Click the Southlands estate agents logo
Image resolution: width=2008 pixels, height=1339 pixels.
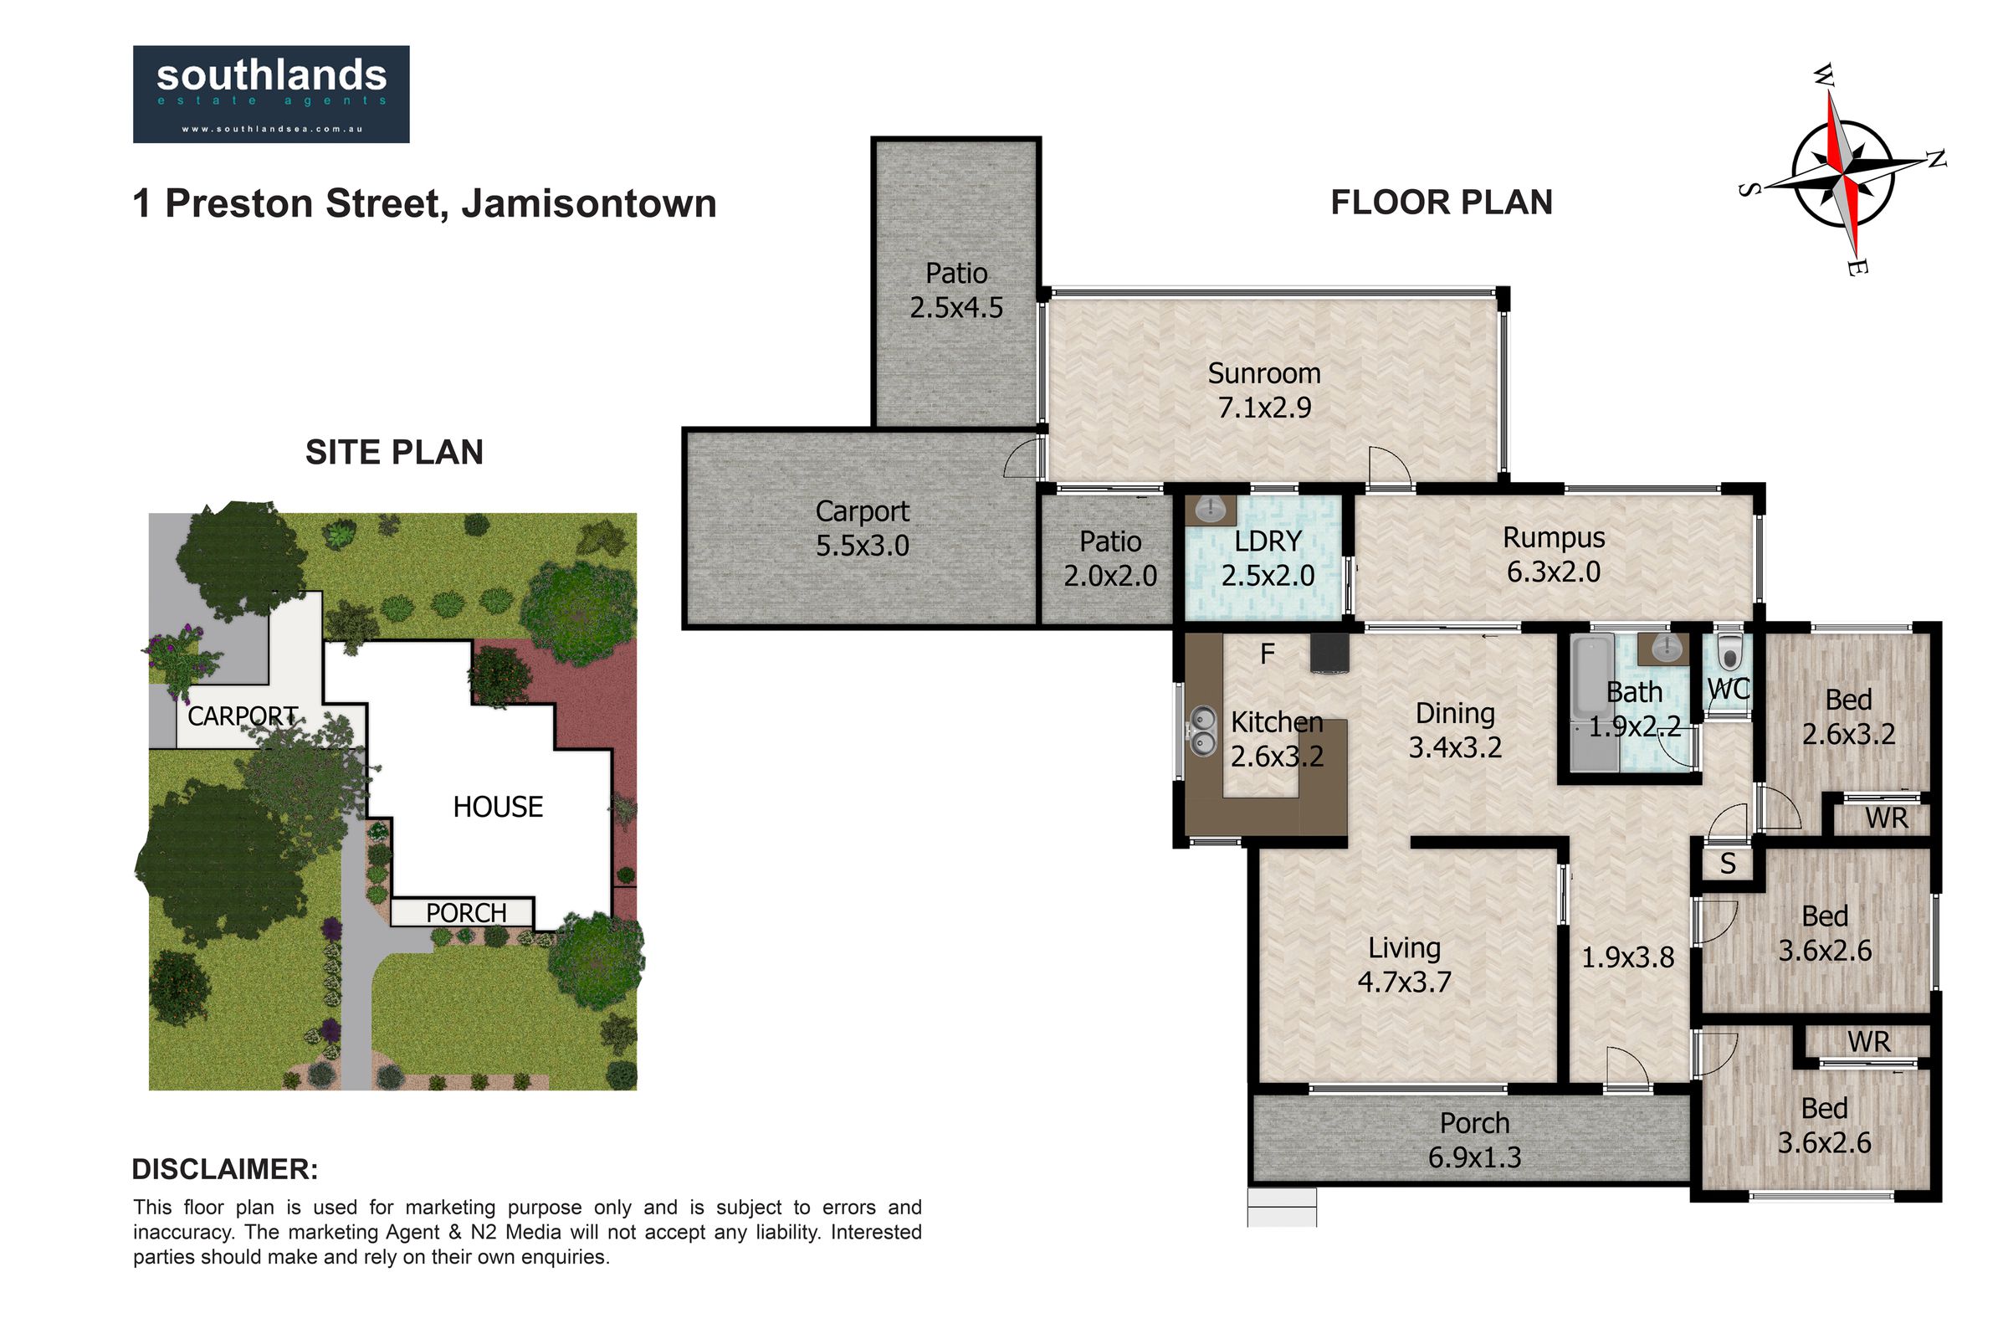271,94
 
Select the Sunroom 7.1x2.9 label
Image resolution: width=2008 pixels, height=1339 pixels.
1263,390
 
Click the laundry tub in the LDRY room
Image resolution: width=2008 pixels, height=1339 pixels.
1210,510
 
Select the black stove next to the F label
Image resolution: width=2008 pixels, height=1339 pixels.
1331,654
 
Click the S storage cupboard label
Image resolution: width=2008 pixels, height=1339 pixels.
1728,864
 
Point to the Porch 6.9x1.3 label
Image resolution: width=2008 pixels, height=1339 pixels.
1474,1140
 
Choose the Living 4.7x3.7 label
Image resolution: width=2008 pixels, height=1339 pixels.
1405,965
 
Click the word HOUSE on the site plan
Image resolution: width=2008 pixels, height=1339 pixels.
498,807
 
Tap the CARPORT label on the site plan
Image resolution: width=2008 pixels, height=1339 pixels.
243,716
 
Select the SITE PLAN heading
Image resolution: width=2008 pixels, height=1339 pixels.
394,453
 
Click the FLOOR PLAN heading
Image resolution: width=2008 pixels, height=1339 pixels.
1441,203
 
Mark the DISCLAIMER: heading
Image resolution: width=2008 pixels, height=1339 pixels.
225,1169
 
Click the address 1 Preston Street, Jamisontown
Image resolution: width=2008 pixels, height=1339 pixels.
424,204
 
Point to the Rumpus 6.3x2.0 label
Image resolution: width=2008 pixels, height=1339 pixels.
1554,555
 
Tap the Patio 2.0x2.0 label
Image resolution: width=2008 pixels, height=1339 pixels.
1110,558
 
